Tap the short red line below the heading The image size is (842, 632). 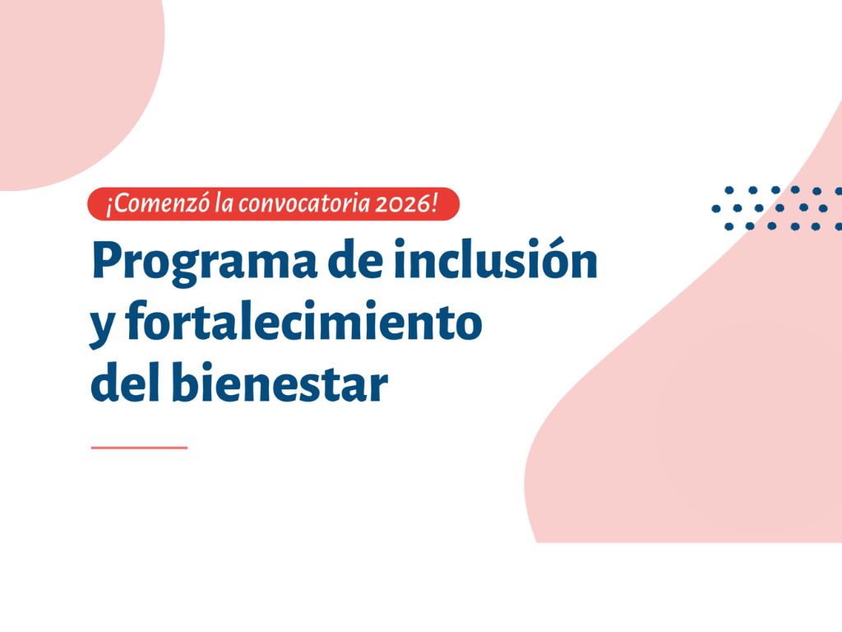point(139,448)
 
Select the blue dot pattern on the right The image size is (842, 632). point(777,207)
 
